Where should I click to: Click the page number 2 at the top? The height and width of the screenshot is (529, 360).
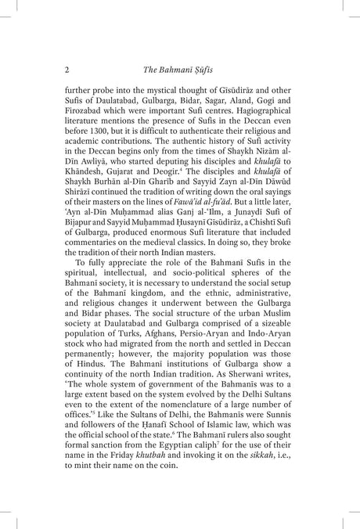(x=68, y=70)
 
